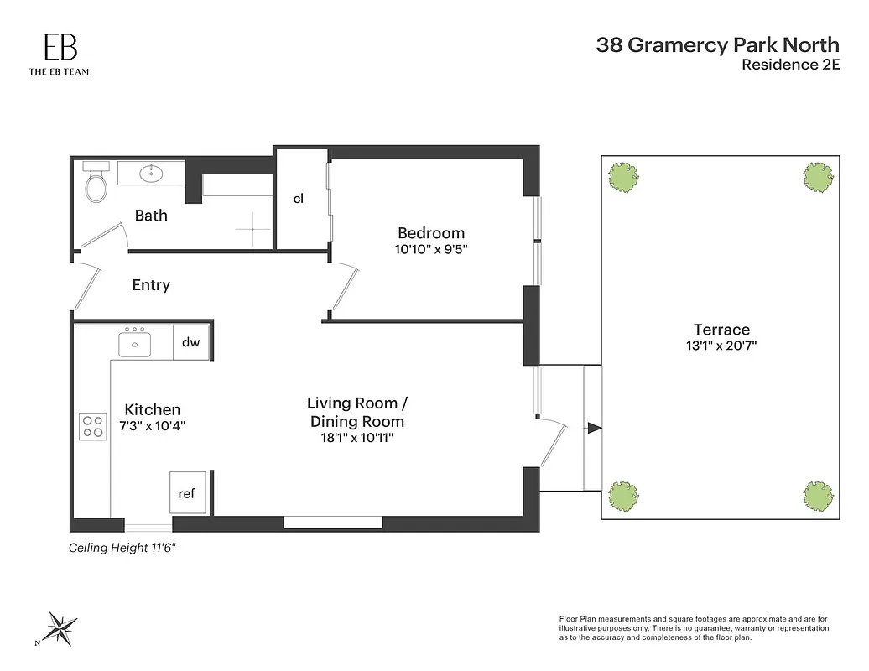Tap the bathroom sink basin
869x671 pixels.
point(152,174)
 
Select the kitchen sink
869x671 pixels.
point(134,342)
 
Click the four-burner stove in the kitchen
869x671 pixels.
point(93,427)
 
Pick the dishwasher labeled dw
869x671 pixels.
point(190,342)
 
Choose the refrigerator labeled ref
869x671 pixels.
point(187,493)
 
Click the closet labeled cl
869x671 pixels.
point(299,199)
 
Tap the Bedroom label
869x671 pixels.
point(430,233)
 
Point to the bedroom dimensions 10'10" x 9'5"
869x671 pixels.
point(431,249)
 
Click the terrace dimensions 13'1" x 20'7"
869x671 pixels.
point(721,346)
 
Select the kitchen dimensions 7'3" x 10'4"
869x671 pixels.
point(153,425)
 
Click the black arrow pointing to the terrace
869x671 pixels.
point(594,428)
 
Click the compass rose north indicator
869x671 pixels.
point(61,626)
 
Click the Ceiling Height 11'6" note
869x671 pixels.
point(122,548)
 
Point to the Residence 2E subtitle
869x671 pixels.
point(790,65)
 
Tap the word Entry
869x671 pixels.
point(151,285)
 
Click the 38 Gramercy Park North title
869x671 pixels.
point(717,44)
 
